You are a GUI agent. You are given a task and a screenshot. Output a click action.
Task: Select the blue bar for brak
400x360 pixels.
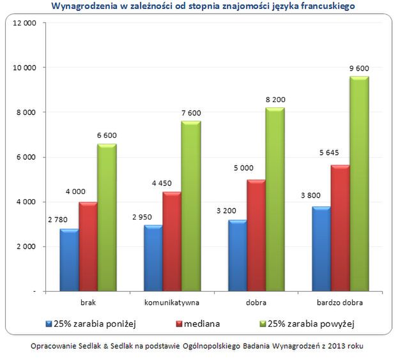click(x=70, y=260)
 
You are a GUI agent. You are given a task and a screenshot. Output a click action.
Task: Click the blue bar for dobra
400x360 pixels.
click(x=238, y=255)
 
